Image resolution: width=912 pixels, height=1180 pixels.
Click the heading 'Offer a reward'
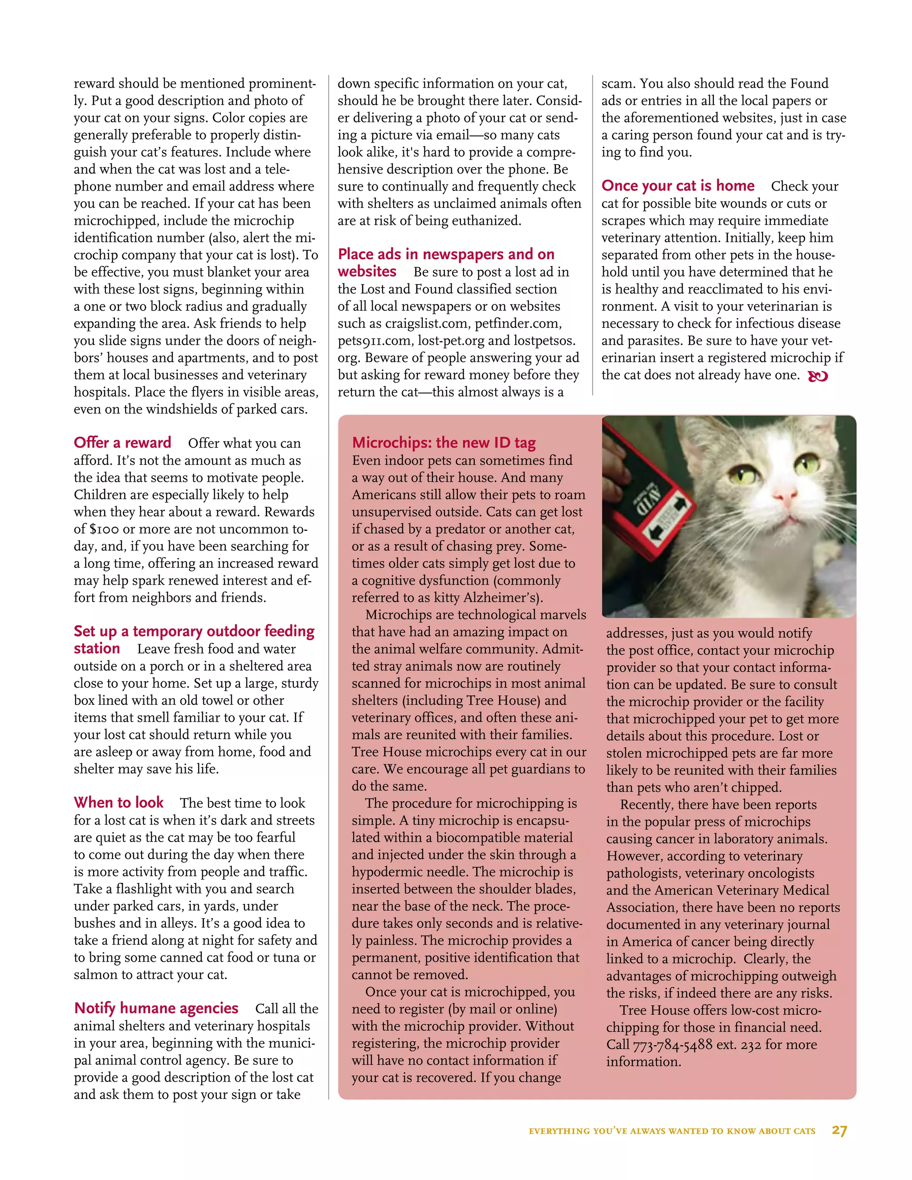tap(122, 443)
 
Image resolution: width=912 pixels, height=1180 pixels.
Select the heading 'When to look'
tap(118, 802)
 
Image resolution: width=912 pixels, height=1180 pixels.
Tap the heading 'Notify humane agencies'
tap(156, 1008)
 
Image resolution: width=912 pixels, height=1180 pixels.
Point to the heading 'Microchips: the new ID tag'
tap(444, 443)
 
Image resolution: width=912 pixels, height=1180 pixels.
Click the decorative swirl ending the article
tap(818, 377)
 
